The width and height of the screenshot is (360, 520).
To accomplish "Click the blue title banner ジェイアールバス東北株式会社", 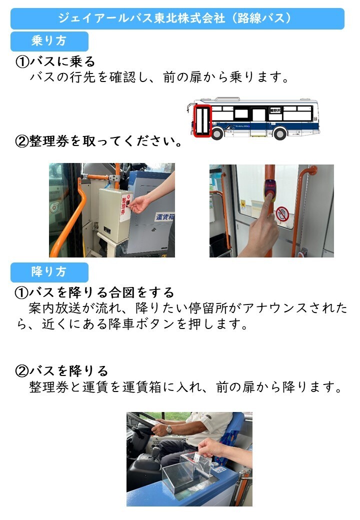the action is pyautogui.click(x=177, y=18).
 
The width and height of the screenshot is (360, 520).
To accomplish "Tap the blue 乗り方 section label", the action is pyautogui.click(x=49, y=41).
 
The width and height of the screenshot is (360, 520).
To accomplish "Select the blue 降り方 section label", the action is pyautogui.click(x=49, y=272).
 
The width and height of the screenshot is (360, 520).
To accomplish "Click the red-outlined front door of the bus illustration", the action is pyautogui.click(x=202, y=120).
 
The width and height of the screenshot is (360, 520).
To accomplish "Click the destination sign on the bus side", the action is pyautogui.click(x=275, y=109).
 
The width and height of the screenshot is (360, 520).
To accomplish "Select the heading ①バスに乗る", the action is pyautogui.click(x=55, y=61).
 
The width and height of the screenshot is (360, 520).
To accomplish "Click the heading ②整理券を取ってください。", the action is pyautogui.click(x=99, y=141).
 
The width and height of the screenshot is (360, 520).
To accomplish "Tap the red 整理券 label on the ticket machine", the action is pyautogui.click(x=124, y=206).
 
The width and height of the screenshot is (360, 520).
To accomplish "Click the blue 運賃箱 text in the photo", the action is pyautogui.click(x=165, y=217).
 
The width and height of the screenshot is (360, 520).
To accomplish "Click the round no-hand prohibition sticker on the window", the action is pyautogui.click(x=282, y=214).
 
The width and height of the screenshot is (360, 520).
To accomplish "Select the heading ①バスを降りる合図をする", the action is pyautogui.click(x=95, y=292).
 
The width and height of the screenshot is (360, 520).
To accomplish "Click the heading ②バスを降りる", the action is pyautogui.click(x=62, y=371).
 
